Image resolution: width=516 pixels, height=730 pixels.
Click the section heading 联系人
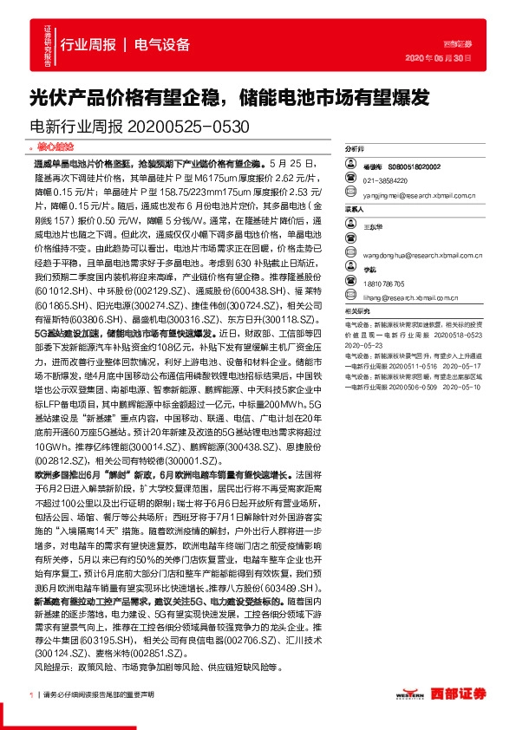tap(355, 209)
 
